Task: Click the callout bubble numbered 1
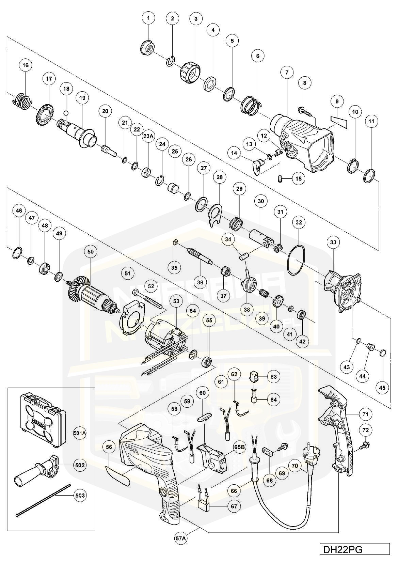[x=148, y=17]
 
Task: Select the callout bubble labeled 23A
[x=148, y=136]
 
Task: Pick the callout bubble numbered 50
[x=90, y=252]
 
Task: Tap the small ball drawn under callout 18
[x=66, y=113]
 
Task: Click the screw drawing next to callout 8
[x=305, y=110]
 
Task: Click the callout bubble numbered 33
[x=333, y=242]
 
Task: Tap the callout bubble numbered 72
[x=365, y=431]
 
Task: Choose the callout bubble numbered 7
[x=287, y=72]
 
